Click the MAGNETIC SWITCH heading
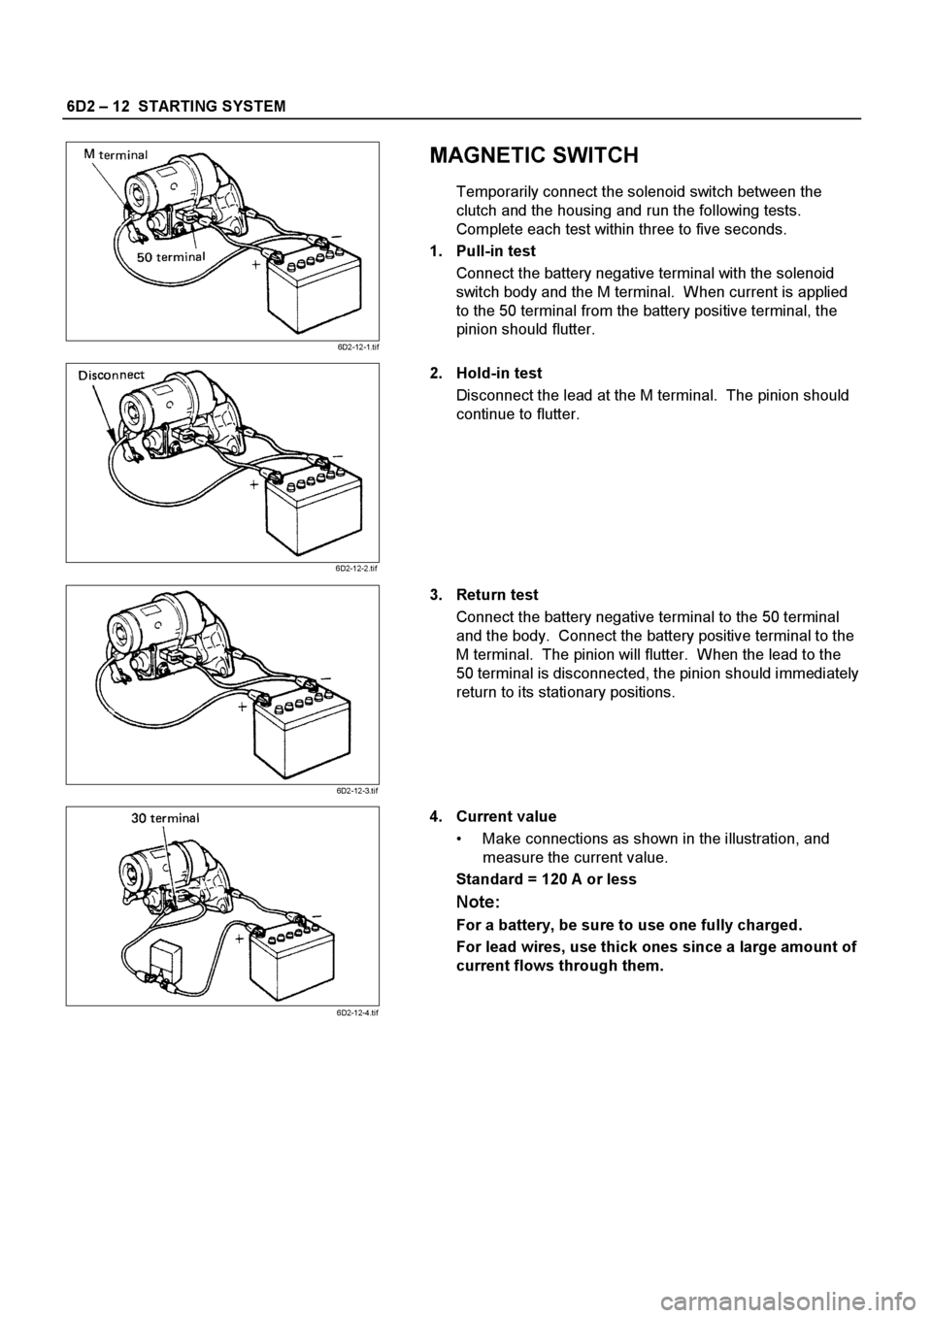[534, 155]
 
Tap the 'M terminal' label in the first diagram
[116, 154]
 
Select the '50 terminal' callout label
[172, 256]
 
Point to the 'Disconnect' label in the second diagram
[112, 375]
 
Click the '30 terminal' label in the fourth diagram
[165, 817]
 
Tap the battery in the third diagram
[300, 732]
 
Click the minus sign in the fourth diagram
[316, 917]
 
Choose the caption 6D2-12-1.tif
[357, 347]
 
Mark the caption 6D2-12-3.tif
[357, 791]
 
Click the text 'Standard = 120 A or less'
[547, 879]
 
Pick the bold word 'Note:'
[479, 902]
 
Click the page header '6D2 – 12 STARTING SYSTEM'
[176, 107]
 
